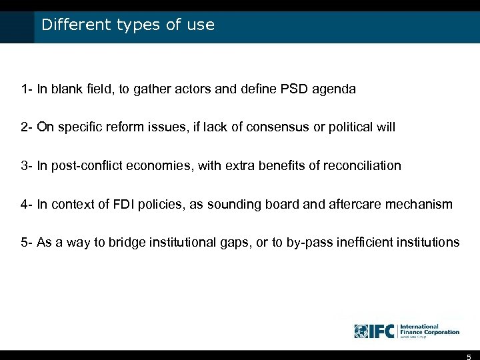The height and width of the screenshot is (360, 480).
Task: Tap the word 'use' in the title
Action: point(201,26)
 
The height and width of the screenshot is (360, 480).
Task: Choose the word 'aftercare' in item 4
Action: point(355,204)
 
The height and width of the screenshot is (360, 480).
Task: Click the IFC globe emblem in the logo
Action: point(361,331)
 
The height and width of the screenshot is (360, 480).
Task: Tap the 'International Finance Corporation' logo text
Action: point(430,330)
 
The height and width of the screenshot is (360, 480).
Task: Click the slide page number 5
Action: point(469,356)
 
